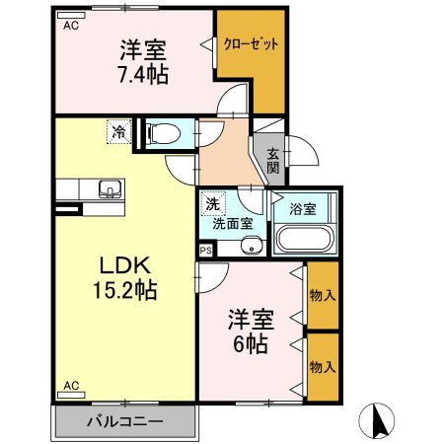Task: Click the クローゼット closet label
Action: coord(251,45)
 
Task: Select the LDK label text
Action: coord(124,266)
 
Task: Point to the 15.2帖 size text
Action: coord(124,291)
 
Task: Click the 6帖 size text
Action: coord(251,344)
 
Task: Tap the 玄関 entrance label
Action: coord(271,161)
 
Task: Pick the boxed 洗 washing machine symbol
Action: coord(212,204)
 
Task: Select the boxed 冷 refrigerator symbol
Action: coord(118,131)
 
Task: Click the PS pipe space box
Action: coord(205,251)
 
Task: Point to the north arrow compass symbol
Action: coord(379,422)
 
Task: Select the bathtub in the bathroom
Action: coord(305,240)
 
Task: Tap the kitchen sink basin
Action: coord(109,189)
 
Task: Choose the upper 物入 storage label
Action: coord(322,295)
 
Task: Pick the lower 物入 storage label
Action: coord(322,366)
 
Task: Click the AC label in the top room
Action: coord(71,27)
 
